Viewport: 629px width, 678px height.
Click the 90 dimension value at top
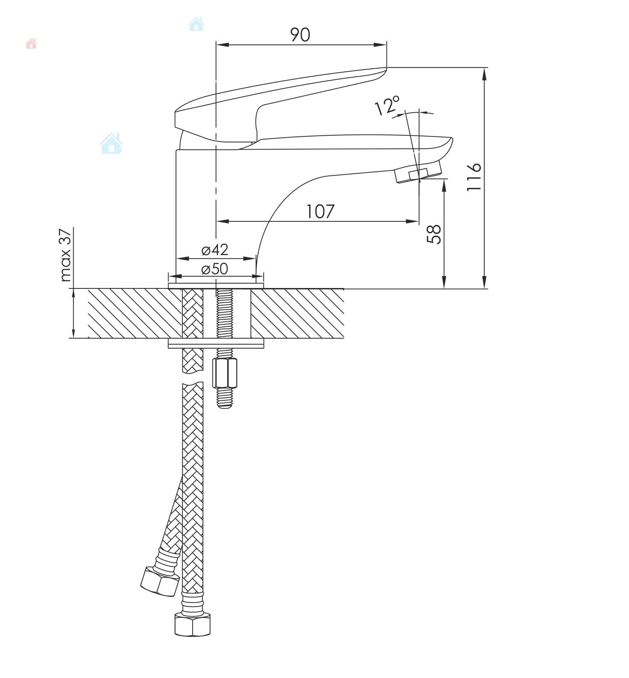300,35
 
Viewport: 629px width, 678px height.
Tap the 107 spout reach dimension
320,211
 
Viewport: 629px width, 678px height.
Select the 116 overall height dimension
474,177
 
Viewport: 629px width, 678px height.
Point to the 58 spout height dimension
434,234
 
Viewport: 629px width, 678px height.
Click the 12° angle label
387,106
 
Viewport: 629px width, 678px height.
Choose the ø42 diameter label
215,250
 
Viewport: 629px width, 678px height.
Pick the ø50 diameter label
215,269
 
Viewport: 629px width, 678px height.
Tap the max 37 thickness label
65,255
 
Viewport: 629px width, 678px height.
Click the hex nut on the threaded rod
225,373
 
